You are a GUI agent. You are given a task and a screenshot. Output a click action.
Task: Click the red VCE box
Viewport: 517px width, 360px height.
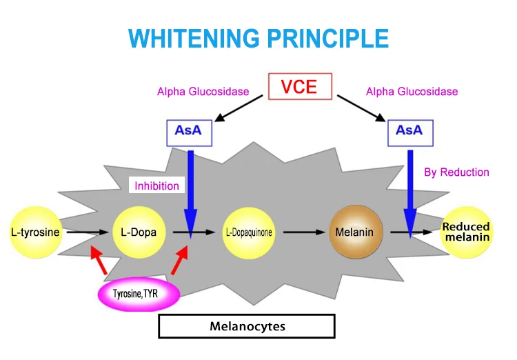[x=300, y=87]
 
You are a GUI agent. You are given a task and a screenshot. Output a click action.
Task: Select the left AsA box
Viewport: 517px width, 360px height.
[x=188, y=131]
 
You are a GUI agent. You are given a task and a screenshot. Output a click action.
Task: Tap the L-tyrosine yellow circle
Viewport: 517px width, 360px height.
[x=35, y=232]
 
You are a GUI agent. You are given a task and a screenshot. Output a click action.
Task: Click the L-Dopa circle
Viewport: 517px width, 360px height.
[x=139, y=232]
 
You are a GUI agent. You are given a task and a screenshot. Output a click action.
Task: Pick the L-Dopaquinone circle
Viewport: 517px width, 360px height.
[x=249, y=232]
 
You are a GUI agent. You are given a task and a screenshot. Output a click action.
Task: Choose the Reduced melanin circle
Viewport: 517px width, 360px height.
[x=466, y=232]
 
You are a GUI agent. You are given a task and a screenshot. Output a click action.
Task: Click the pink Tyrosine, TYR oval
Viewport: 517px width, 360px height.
[x=137, y=296]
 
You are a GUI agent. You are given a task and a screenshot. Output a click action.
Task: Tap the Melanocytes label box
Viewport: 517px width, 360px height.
[x=247, y=326]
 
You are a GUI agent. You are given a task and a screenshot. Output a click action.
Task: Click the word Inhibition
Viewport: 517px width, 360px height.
[x=156, y=186]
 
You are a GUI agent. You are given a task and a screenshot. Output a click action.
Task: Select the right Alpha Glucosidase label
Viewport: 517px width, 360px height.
[x=412, y=91]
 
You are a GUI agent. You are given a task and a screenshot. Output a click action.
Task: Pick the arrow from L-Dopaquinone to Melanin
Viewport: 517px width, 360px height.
[x=303, y=232]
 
